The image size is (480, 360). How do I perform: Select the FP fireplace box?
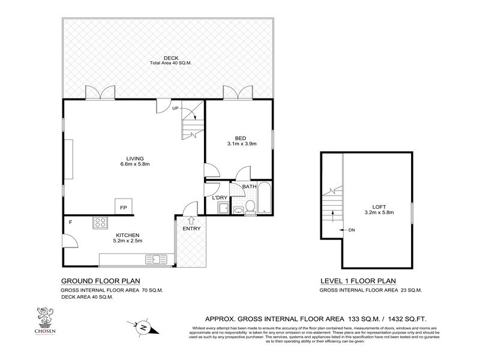pyautogui.click(x=123, y=207)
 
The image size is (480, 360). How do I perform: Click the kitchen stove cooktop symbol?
pyautogui.click(x=100, y=223)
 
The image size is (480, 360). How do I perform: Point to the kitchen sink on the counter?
pyautogui.click(x=158, y=259)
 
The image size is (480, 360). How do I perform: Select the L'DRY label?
pyautogui.click(x=219, y=197)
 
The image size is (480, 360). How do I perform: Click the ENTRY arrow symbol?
pyautogui.click(x=191, y=220)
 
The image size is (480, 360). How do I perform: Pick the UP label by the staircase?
pyautogui.click(x=175, y=108)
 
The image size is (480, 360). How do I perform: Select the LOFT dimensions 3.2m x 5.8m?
pyautogui.click(x=378, y=212)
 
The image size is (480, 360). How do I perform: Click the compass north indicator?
pyautogui.click(x=144, y=328)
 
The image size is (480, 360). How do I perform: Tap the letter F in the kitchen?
pyautogui.click(x=71, y=223)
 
